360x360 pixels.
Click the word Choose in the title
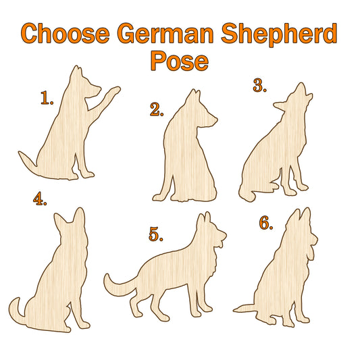(66, 34)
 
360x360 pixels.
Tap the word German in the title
(165, 34)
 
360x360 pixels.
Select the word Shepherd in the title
(280, 34)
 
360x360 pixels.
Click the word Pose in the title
(179, 61)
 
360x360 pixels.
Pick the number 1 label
(47, 98)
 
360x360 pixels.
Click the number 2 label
(157, 109)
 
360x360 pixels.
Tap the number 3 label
(259, 85)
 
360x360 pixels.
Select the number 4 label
(40, 199)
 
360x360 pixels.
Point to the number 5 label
(156, 234)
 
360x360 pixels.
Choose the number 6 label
(266, 223)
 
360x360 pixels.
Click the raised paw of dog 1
(114, 91)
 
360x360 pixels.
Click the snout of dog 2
(211, 120)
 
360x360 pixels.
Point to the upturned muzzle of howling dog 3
(301, 89)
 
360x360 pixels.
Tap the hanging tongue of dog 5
(220, 243)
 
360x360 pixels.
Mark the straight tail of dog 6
(245, 309)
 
